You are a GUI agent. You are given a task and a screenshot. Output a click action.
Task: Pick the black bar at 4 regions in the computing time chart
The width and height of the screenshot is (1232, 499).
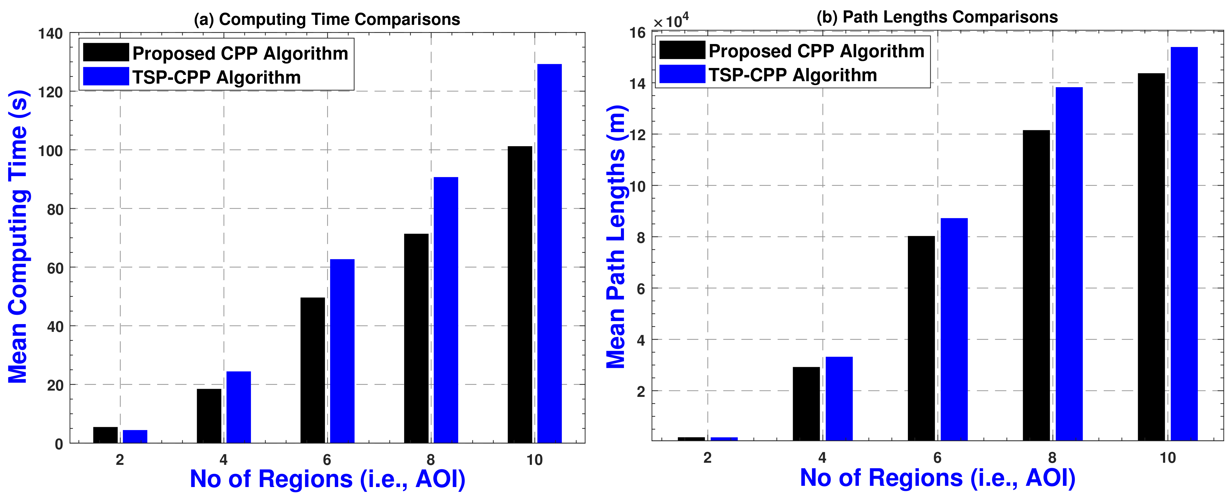209,415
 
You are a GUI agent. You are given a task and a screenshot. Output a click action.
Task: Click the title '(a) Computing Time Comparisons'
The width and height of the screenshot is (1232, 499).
327,19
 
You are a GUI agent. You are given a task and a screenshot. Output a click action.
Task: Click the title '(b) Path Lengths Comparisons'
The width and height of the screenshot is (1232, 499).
937,17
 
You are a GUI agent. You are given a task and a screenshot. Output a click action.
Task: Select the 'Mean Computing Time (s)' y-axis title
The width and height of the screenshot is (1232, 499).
19,237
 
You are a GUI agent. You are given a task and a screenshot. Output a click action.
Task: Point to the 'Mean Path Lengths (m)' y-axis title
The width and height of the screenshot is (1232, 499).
616,237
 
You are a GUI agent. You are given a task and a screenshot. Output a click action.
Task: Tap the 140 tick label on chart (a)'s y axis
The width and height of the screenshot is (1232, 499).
51,34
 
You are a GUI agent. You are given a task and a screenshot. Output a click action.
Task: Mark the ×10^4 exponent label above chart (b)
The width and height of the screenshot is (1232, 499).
671,21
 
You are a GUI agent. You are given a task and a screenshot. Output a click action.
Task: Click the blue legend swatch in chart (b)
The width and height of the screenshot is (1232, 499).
682,75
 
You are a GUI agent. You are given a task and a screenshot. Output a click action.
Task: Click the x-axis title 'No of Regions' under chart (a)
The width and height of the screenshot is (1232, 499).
328,479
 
